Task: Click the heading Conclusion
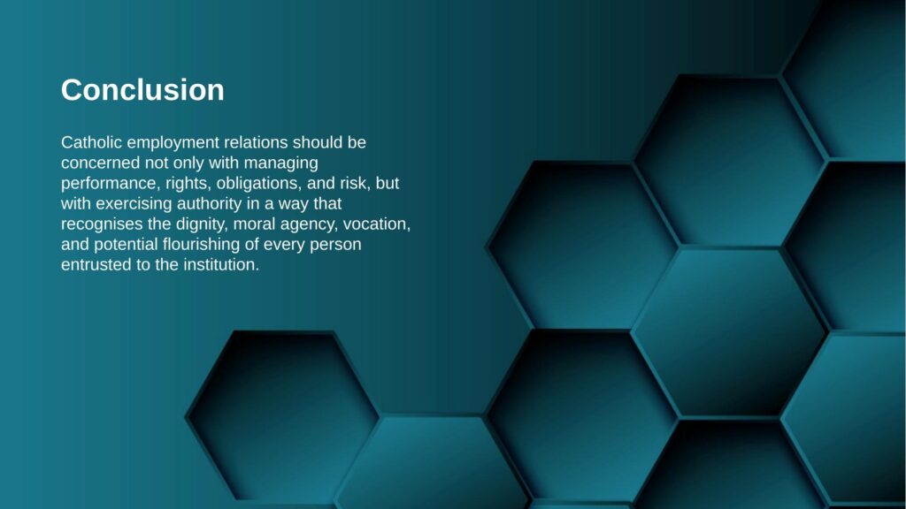[x=142, y=90]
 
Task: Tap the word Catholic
[x=91, y=142]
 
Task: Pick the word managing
[x=280, y=163]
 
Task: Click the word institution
[x=221, y=265]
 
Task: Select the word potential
[x=126, y=245]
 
